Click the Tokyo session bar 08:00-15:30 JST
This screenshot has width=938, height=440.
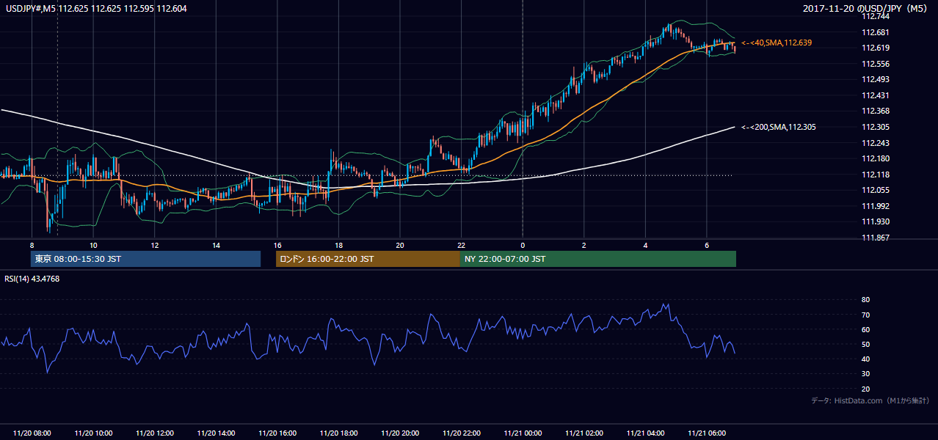pos(146,259)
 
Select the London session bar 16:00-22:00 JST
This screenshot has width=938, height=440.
pos(368,259)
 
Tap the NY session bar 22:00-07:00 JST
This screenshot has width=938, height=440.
pos(598,259)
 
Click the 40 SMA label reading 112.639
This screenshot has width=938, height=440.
pos(777,43)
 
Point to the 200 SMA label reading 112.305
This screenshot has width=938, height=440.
pos(779,127)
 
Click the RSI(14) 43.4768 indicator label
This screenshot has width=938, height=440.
pos(32,279)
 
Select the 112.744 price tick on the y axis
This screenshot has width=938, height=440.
pos(876,17)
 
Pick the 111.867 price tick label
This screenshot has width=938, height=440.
pos(876,238)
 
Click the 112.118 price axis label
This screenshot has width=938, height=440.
pos(876,175)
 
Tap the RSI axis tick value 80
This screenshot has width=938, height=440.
pos(865,299)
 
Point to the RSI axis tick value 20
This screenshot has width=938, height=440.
pos(865,389)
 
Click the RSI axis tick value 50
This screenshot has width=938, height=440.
pos(865,344)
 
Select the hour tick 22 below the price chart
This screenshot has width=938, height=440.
pos(461,246)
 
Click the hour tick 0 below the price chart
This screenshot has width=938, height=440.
pos(523,246)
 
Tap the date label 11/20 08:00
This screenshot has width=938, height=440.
pos(32,433)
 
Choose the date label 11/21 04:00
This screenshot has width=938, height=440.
pos(645,433)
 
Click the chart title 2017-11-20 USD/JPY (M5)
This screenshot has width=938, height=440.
pos(865,8)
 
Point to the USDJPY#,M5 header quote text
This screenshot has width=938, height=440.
pos(96,9)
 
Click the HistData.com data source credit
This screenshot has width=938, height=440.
pos(870,400)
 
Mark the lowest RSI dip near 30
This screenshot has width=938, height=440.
pos(47,372)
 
